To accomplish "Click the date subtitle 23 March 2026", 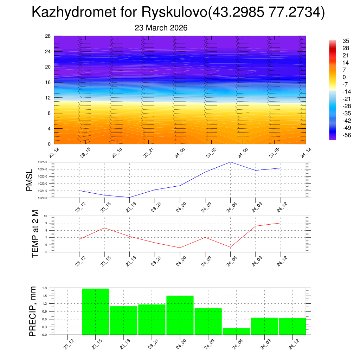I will [161, 28].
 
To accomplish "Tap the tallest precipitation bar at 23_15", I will [95, 311].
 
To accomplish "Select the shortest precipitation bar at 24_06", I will [236, 331].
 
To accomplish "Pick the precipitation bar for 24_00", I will [180, 315].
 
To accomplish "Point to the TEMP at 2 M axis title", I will [35, 234].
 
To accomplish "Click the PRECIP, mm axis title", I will [33, 311].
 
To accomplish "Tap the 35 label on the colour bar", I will [346, 41].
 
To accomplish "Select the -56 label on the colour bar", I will [346, 135].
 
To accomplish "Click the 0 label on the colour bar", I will [344, 77].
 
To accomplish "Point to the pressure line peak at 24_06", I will [230, 162].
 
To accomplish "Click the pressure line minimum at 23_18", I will [129, 198].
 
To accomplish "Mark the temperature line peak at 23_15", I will [104, 228].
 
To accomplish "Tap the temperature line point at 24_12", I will [281, 223].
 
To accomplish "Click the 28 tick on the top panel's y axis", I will [48, 36].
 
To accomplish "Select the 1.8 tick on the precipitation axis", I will [45, 288].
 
